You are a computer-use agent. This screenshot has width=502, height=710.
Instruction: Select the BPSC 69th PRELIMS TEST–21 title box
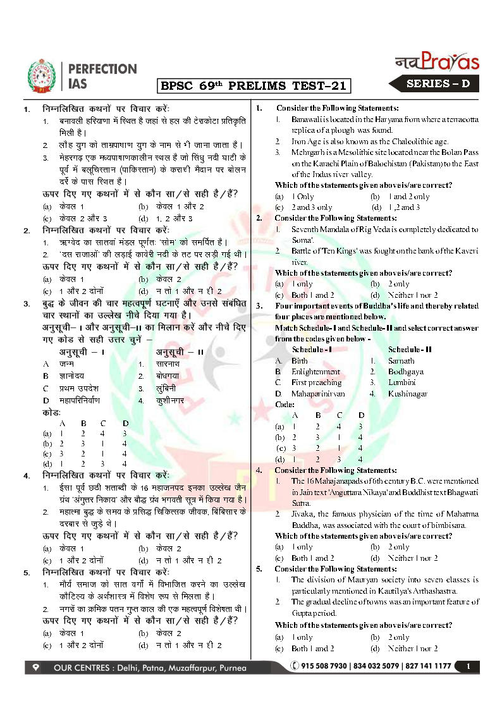click(x=253, y=85)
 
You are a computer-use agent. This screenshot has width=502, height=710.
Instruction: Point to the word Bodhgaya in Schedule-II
click(x=405, y=372)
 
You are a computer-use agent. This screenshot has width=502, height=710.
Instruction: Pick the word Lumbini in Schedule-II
click(x=401, y=383)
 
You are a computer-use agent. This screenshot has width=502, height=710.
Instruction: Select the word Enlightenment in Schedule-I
click(x=315, y=372)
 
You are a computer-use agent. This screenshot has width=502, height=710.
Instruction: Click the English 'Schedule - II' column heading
click(x=410, y=350)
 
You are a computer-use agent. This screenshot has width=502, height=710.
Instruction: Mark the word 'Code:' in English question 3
click(x=285, y=404)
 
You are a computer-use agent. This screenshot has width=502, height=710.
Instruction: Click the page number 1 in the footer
click(x=468, y=666)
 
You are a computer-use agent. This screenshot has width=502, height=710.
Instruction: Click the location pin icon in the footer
click(x=36, y=666)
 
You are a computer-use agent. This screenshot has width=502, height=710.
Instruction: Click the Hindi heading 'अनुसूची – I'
click(x=82, y=352)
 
